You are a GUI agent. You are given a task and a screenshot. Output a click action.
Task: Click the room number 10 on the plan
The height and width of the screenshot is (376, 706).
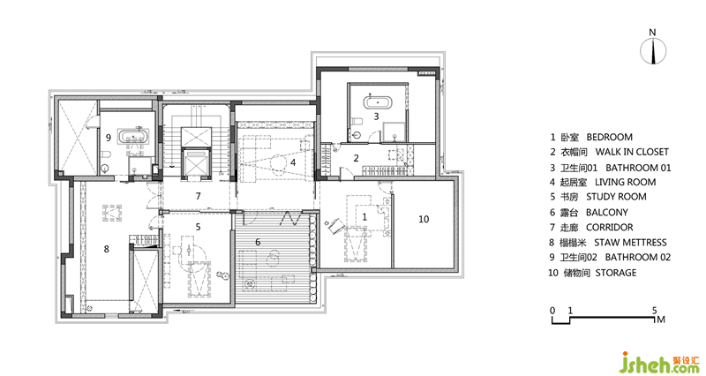tap(424, 219)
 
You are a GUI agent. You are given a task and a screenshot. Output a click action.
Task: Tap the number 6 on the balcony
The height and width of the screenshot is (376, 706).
tap(258, 242)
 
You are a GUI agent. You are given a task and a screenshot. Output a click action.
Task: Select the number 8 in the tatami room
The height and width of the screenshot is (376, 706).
tap(106, 249)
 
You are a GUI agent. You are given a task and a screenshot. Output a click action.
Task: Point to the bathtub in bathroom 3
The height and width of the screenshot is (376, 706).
tap(378, 102)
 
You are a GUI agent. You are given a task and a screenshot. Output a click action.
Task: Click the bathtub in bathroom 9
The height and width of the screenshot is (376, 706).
tap(132, 136)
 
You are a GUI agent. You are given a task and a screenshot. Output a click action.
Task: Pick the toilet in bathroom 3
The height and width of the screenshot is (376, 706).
tap(357, 121)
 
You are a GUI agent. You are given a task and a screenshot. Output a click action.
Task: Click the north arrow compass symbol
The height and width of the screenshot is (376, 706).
tap(653, 50)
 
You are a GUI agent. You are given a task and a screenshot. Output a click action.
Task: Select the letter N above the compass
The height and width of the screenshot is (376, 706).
tap(652, 33)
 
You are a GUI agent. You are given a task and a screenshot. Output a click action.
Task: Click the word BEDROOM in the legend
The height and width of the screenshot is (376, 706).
tap(609, 137)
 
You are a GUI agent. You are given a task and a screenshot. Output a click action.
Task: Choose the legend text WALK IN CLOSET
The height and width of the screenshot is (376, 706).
tap(632, 152)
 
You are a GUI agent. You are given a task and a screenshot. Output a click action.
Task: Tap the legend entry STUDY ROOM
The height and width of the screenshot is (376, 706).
tap(616, 197)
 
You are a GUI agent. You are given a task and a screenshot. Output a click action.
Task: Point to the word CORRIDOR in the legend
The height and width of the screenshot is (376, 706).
tap(609, 228)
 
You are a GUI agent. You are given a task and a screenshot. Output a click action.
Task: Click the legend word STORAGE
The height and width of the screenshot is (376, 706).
tap(616, 273)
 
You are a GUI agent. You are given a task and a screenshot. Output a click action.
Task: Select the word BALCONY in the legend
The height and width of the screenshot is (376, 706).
tap(606, 212)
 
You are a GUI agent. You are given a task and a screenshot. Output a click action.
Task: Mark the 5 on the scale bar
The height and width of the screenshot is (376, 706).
tap(654, 311)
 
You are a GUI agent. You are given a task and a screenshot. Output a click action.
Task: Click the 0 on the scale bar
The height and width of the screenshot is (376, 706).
tap(552, 311)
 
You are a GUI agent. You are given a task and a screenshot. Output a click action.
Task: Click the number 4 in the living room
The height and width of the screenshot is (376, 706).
tap(293, 162)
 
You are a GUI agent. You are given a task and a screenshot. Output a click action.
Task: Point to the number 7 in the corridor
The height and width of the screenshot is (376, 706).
tap(198, 196)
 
